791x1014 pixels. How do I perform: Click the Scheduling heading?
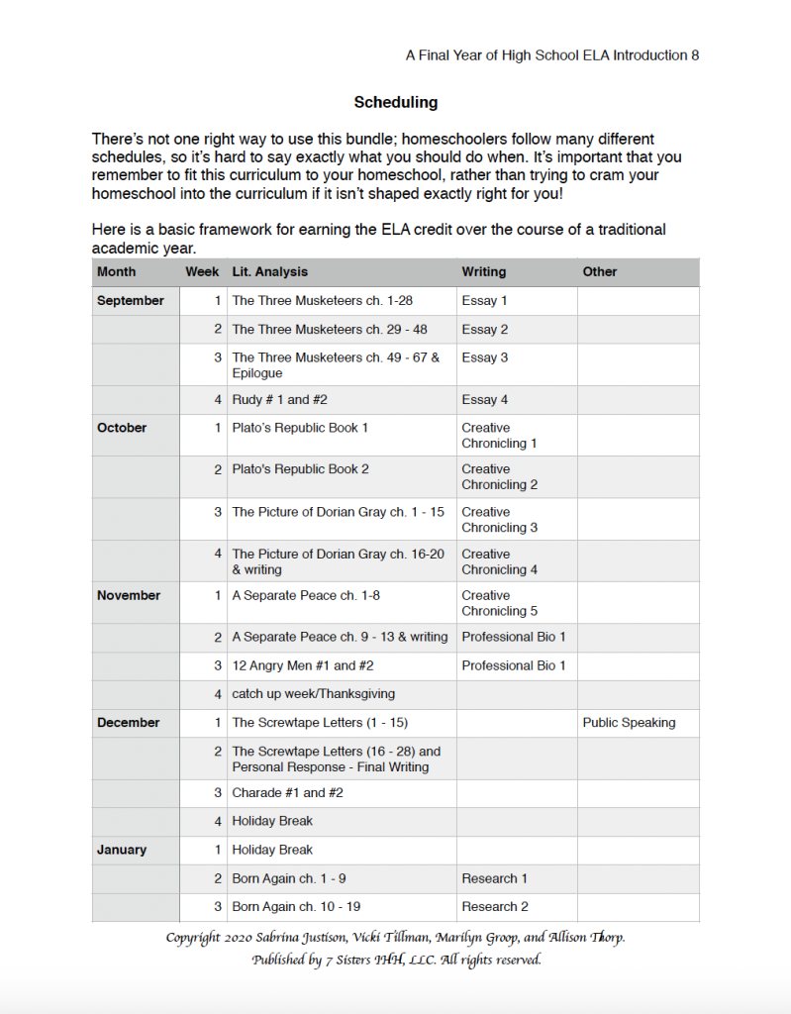pos(395,102)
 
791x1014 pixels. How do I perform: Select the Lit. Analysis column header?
pos(269,271)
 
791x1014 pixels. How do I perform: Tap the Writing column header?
pos(483,271)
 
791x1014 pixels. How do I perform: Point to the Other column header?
pos(600,271)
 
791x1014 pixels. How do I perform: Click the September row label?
pos(130,300)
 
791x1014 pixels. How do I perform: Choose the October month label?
pos(122,428)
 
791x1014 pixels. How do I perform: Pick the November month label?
pos(129,595)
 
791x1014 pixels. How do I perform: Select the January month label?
pos(122,850)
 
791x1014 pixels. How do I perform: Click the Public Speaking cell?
pos(629,723)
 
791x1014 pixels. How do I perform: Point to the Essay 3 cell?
pos(484,357)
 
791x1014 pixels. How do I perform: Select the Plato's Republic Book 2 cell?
pos(300,469)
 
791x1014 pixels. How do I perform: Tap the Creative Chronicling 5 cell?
pos(499,603)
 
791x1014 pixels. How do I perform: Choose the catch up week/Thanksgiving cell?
pos(313,694)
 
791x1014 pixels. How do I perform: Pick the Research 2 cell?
pos(495,906)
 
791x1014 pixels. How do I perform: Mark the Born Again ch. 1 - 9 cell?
pos(289,878)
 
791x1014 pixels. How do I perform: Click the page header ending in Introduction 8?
pos(552,55)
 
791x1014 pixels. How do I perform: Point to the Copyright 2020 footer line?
pos(395,938)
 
